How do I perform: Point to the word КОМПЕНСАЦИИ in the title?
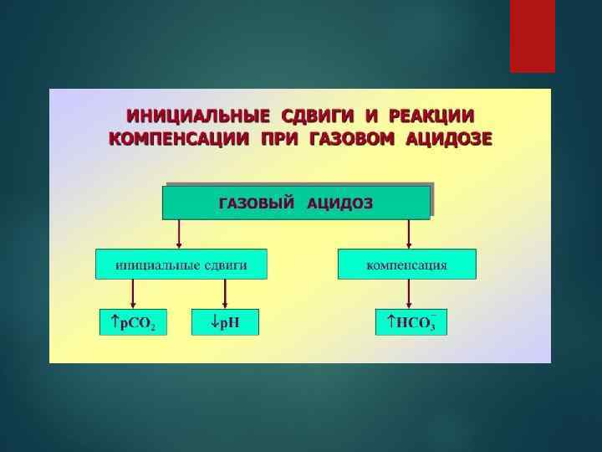point(179,138)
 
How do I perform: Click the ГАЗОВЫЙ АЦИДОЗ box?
point(296,203)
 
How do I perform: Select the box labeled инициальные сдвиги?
point(181,264)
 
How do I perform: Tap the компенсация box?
point(407,264)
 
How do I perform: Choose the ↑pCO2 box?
point(133,322)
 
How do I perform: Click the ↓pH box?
point(225,322)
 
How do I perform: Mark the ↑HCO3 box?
point(411,322)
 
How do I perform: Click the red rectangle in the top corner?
point(533,35)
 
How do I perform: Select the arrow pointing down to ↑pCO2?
point(133,295)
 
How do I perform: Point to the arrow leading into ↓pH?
point(225,295)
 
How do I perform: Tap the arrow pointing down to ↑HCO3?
point(408,295)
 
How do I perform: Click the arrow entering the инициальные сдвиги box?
point(179,234)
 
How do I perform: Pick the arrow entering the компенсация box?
point(408,234)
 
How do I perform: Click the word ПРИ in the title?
point(278,138)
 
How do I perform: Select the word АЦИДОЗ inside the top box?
point(340,203)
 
